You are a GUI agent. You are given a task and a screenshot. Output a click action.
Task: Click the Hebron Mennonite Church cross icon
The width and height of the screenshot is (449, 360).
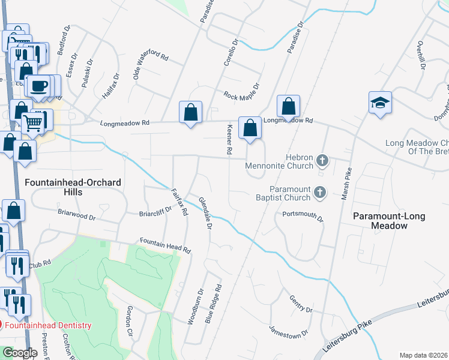pyautogui.click(x=322, y=160)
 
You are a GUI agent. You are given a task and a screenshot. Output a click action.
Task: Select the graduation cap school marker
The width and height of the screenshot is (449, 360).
pyautogui.click(x=381, y=103)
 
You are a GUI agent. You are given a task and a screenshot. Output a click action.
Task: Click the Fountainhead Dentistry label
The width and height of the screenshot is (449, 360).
pyautogui.click(x=48, y=325)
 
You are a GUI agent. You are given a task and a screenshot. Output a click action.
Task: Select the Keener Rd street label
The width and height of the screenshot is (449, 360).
pyautogui.click(x=229, y=140)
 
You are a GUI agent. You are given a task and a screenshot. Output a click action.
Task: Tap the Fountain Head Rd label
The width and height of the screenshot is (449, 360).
pyautogui.click(x=165, y=245)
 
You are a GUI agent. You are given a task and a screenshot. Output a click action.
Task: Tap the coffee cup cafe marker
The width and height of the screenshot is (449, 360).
pyautogui.click(x=40, y=86)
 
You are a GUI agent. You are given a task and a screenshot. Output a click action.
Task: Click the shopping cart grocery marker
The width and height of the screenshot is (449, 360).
pyautogui.click(x=33, y=123)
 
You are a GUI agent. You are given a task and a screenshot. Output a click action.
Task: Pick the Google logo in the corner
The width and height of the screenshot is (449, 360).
pyautogui.click(x=19, y=353)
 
